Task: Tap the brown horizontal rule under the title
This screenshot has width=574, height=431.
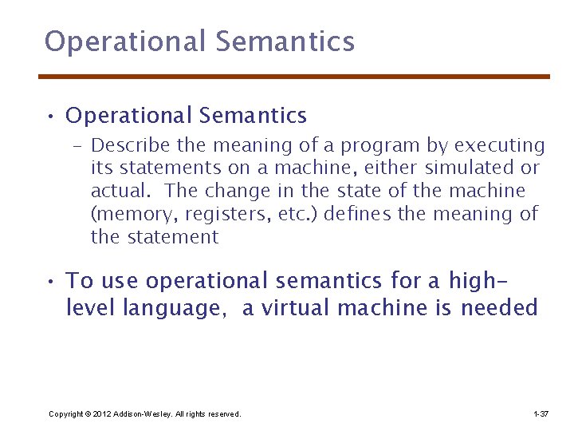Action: (294, 77)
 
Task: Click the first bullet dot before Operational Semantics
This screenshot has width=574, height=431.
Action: (49, 117)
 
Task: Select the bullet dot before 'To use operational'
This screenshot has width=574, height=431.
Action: (49, 283)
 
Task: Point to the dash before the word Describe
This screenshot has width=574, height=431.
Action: (78, 147)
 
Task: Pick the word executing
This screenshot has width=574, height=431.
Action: (499, 146)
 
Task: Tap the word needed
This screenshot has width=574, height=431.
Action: (499, 308)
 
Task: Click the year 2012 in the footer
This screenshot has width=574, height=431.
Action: (103, 413)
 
